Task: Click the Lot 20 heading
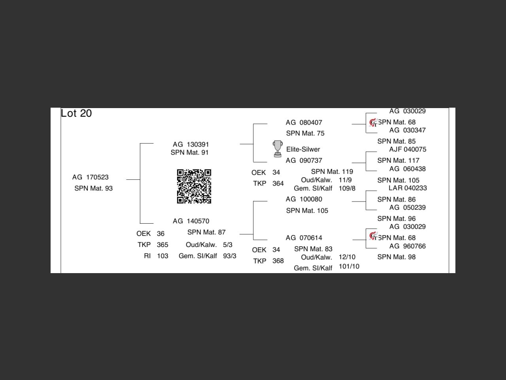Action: click(x=76, y=113)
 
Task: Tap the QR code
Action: click(x=194, y=186)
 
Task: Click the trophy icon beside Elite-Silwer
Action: click(x=278, y=149)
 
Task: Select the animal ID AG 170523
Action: click(x=91, y=177)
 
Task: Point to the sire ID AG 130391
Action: click(x=191, y=144)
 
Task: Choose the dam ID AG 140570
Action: click(x=191, y=221)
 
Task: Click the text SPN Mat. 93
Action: click(x=94, y=188)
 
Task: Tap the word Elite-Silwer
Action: click(x=303, y=149)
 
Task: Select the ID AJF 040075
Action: click(x=408, y=149)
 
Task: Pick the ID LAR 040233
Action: click(x=408, y=188)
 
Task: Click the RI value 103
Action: click(x=162, y=256)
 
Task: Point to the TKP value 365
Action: click(x=162, y=245)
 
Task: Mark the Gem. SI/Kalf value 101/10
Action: click(x=349, y=266)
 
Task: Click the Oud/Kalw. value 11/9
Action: click(x=345, y=180)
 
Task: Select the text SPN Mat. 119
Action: click(x=332, y=171)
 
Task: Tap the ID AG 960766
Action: click(x=408, y=246)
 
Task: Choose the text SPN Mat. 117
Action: click(x=398, y=160)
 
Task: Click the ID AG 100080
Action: click(x=304, y=199)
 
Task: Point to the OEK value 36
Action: click(x=160, y=234)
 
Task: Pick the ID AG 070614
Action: click(x=304, y=238)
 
